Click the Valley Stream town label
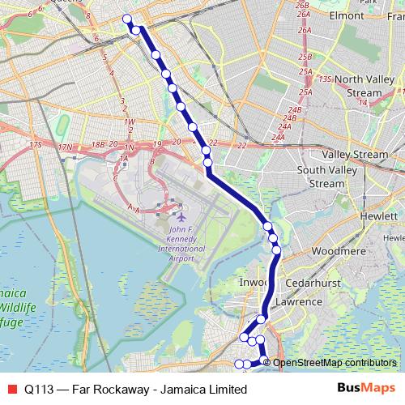(x=355, y=154)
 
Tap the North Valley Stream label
(x=363, y=86)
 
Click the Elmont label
(x=347, y=15)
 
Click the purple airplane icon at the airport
(x=180, y=218)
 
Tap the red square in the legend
(x=11, y=388)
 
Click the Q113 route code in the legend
(x=40, y=389)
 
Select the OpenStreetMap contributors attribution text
(x=335, y=362)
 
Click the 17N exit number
(x=66, y=147)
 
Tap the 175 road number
(x=33, y=144)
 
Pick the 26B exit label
(x=303, y=6)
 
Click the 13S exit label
(x=326, y=79)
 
